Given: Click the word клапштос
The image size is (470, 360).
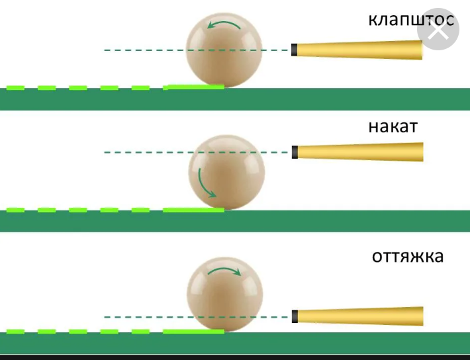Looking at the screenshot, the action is point(411,19).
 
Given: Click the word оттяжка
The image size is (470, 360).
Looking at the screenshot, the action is point(407,255).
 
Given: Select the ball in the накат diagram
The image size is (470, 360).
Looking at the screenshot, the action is point(226,171).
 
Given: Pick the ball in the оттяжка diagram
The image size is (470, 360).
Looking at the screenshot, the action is point(225,294).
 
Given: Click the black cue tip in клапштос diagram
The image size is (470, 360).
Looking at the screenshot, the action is point(294,50).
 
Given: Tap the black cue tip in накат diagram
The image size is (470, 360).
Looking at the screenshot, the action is point(295,152).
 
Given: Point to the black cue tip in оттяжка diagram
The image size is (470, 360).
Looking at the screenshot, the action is point(295,316).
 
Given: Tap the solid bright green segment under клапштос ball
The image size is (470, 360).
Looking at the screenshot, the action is point(195,87).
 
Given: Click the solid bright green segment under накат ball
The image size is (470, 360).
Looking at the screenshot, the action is point(193,210).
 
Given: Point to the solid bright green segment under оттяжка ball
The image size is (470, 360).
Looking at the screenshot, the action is point(193,331).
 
